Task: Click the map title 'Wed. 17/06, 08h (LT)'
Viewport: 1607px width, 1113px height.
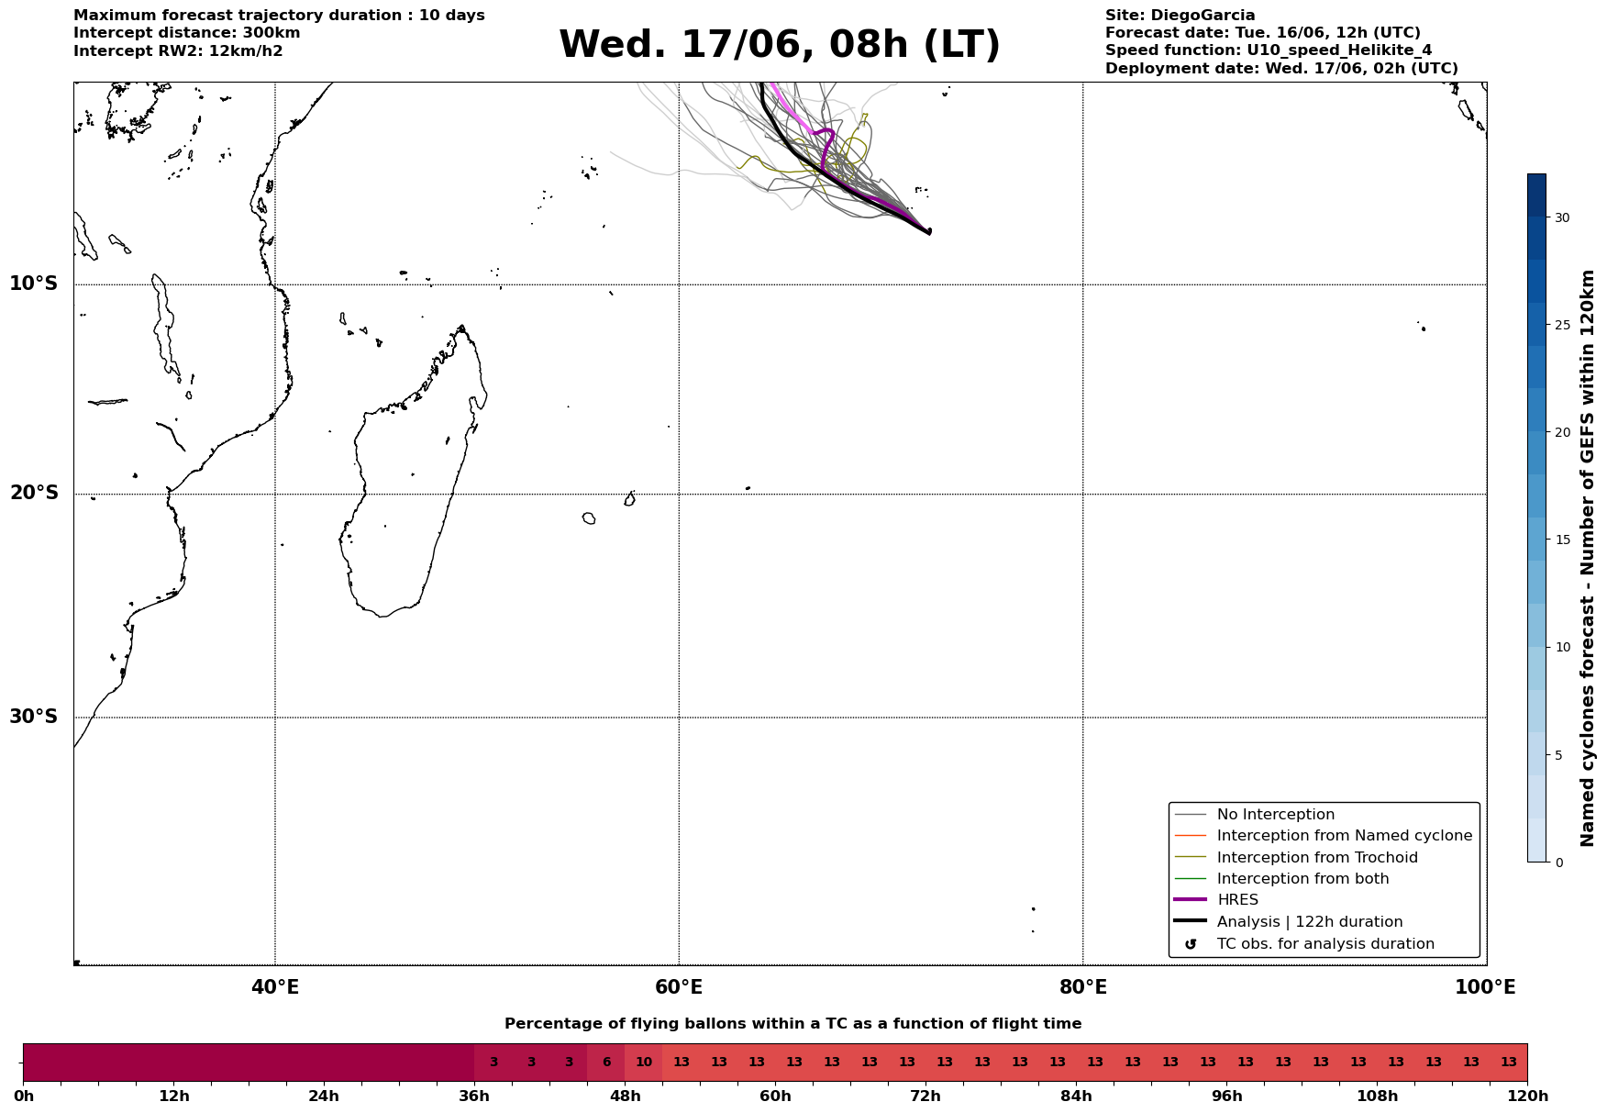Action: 779,45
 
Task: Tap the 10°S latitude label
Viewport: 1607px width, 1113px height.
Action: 34,284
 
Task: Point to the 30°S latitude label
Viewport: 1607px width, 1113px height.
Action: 34,717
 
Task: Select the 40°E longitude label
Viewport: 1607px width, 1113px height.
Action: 275,987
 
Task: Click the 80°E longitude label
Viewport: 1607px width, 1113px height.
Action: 1083,987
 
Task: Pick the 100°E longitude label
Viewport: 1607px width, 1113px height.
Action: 1486,987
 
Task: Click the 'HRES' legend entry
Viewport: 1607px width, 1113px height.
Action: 1237,900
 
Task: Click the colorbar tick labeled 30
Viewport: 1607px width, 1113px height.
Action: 1561,217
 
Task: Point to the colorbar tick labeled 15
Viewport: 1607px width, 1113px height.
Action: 1561,540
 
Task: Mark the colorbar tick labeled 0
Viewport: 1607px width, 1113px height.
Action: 1557,862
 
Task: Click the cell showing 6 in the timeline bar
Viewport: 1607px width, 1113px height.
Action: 606,1063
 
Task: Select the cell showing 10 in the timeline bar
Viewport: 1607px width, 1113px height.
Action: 644,1063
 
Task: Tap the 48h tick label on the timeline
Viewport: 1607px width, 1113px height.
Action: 626,1096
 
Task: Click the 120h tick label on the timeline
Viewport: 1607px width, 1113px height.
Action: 1527,1096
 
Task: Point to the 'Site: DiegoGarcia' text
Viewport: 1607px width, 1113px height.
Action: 1180,16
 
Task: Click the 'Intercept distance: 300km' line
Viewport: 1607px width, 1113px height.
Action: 187,33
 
